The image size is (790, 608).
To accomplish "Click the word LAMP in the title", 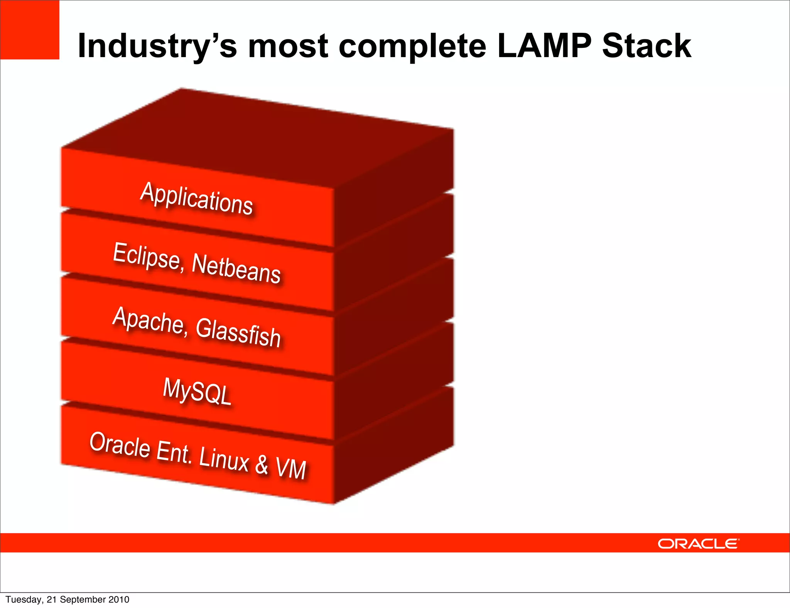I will pyautogui.click(x=544, y=46).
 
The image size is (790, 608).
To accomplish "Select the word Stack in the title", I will pyautogui.click(x=647, y=46).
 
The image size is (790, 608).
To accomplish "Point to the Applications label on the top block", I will pyautogui.click(x=196, y=198).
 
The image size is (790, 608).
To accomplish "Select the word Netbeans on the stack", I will pyautogui.click(x=236, y=269).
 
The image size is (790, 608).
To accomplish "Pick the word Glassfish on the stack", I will pyautogui.click(x=238, y=332).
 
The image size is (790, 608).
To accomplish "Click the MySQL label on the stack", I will pyautogui.click(x=197, y=392).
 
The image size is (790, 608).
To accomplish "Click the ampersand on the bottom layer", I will pyautogui.click(x=262, y=464).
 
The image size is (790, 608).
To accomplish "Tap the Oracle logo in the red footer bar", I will pyautogui.click(x=698, y=544).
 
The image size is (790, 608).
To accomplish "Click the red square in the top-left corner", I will pyautogui.click(x=30, y=30).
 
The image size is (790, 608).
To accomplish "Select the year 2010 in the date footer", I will pyautogui.click(x=119, y=600).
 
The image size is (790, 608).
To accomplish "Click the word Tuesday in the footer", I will pyautogui.click(x=23, y=600).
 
